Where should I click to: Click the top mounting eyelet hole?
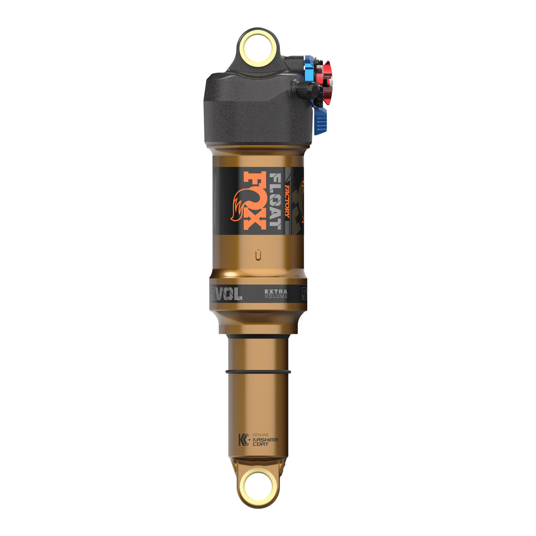[257, 48]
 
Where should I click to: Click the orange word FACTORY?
[287, 201]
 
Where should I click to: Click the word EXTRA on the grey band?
[276, 291]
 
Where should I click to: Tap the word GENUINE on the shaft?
[260, 435]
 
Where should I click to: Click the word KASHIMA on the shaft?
[265, 440]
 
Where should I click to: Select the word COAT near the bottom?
[260, 444]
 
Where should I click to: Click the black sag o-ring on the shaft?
[258, 372]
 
